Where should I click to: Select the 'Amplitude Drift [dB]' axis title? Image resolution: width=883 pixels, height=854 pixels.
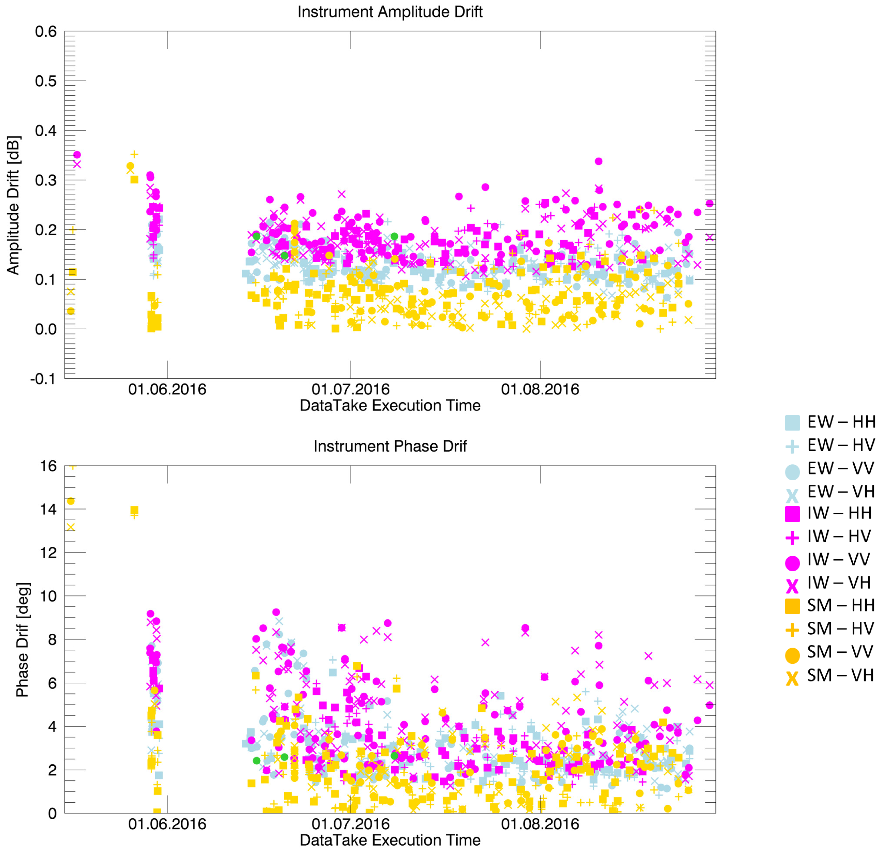(x=13, y=205)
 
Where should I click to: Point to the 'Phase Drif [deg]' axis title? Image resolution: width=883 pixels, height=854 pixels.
(x=22, y=640)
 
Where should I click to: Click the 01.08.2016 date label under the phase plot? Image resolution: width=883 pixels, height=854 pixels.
(x=540, y=824)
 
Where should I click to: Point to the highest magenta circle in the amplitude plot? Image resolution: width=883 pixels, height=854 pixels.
(x=77, y=154)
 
